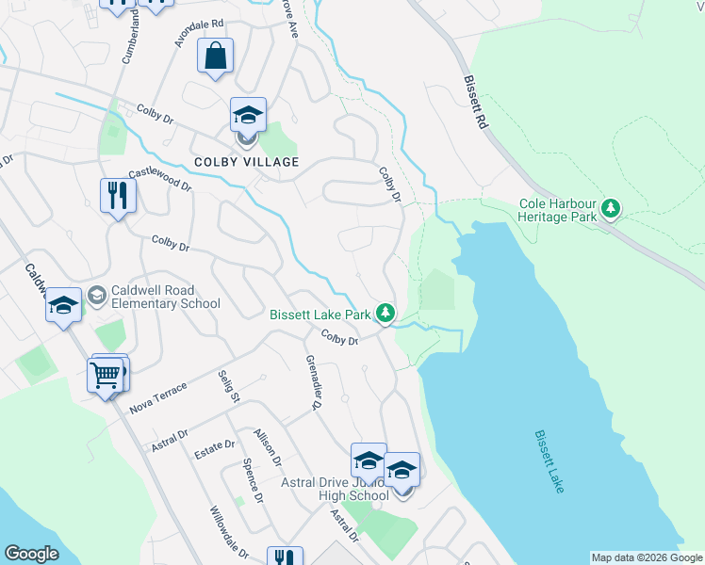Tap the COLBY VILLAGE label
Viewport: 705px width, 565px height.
[246, 162]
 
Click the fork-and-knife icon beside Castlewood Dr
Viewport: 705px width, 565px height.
[118, 196]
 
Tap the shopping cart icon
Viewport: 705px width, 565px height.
[106, 376]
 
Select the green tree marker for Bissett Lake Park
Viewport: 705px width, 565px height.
[385, 314]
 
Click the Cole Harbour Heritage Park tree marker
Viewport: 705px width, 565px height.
[611, 207]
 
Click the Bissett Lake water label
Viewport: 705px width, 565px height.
[549, 461]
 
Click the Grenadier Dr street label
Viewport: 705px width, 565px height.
[312, 382]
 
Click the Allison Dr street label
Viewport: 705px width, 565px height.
[268, 447]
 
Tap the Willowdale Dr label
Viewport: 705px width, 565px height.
[230, 534]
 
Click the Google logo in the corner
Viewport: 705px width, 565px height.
[31, 554]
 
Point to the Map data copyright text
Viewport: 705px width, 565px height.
[647, 557]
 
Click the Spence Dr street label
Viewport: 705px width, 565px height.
[250, 479]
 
